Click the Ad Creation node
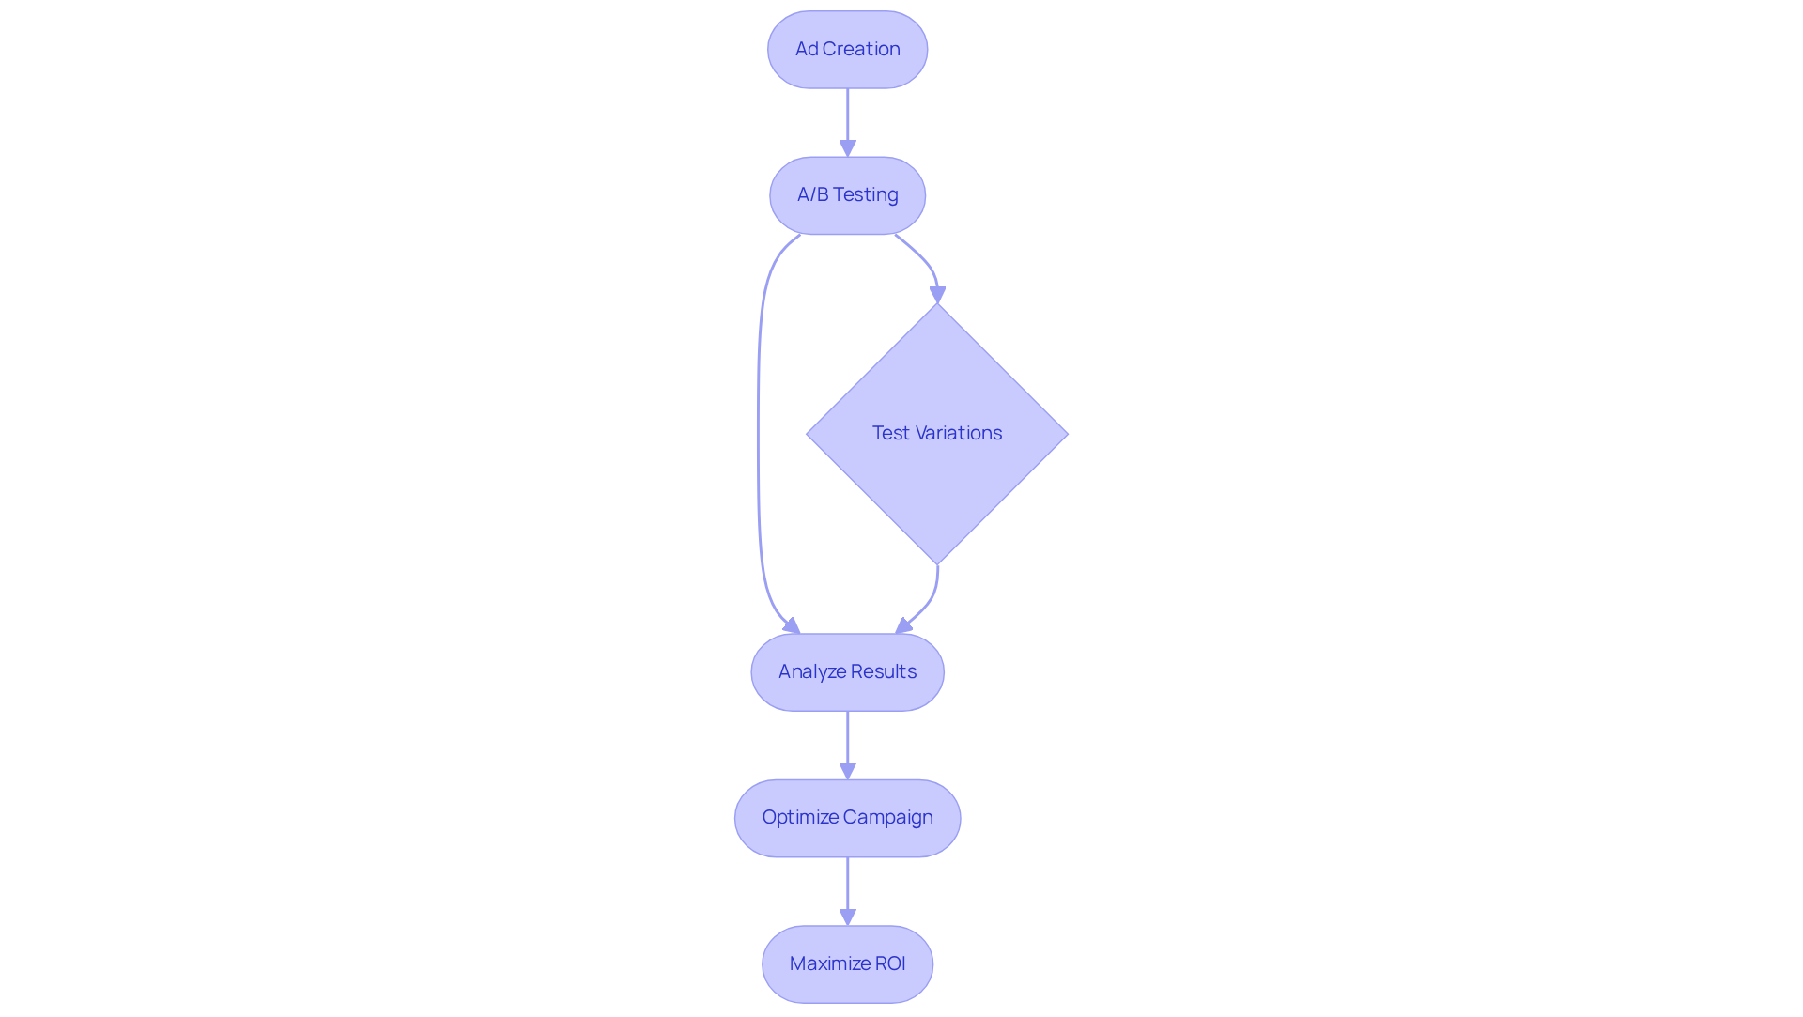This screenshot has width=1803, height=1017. pos(847,50)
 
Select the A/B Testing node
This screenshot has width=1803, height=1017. pos(847,195)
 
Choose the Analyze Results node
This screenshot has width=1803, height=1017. pos(847,672)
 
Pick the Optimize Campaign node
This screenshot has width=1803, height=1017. pos(847,818)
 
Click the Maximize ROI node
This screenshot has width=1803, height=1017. pos(847,964)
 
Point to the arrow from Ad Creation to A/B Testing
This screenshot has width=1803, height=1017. pos(847,120)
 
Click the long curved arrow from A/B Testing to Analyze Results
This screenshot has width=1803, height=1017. pos(759,432)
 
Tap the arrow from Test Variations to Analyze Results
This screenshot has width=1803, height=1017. pos(930,601)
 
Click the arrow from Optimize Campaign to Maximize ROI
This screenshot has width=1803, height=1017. pos(847,889)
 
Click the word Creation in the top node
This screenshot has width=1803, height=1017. pos(861,49)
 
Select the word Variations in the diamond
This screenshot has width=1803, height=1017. pos(959,433)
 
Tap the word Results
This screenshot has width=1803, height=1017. pos(884,671)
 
